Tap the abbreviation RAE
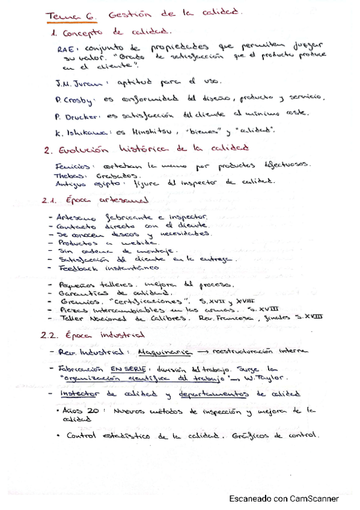click(x=65, y=50)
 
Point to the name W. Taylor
click(x=267, y=379)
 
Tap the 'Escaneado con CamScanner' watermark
click(x=283, y=499)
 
